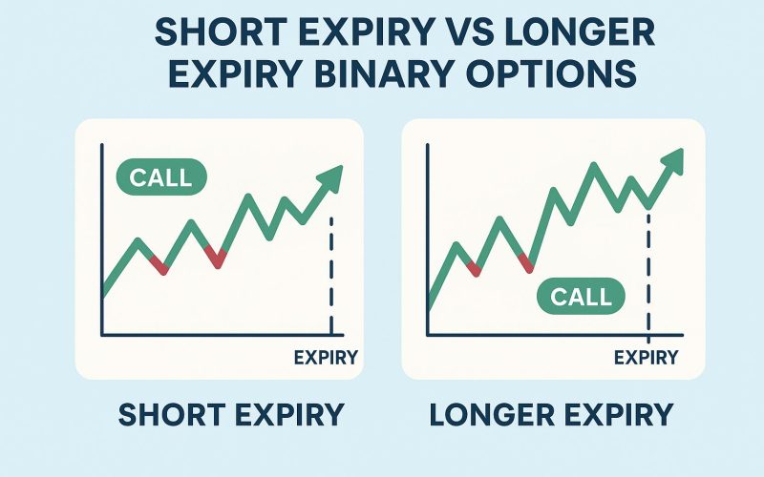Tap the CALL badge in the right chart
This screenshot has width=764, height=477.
pyautogui.click(x=582, y=296)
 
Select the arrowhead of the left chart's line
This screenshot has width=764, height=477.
pyautogui.click(x=330, y=177)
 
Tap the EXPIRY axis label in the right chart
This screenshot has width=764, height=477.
pyautogui.click(x=646, y=358)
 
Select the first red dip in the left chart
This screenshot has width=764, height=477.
pyautogui.click(x=163, y=268)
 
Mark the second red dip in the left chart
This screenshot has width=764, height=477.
pyautogui.click(x=219, y=259)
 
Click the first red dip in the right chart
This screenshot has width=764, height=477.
pyautogui.click(x=476, y=270)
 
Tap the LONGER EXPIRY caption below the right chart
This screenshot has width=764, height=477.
pyautogui.click(x=551, y=416)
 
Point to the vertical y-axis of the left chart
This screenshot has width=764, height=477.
pyautogui.click(x=101, y=238)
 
